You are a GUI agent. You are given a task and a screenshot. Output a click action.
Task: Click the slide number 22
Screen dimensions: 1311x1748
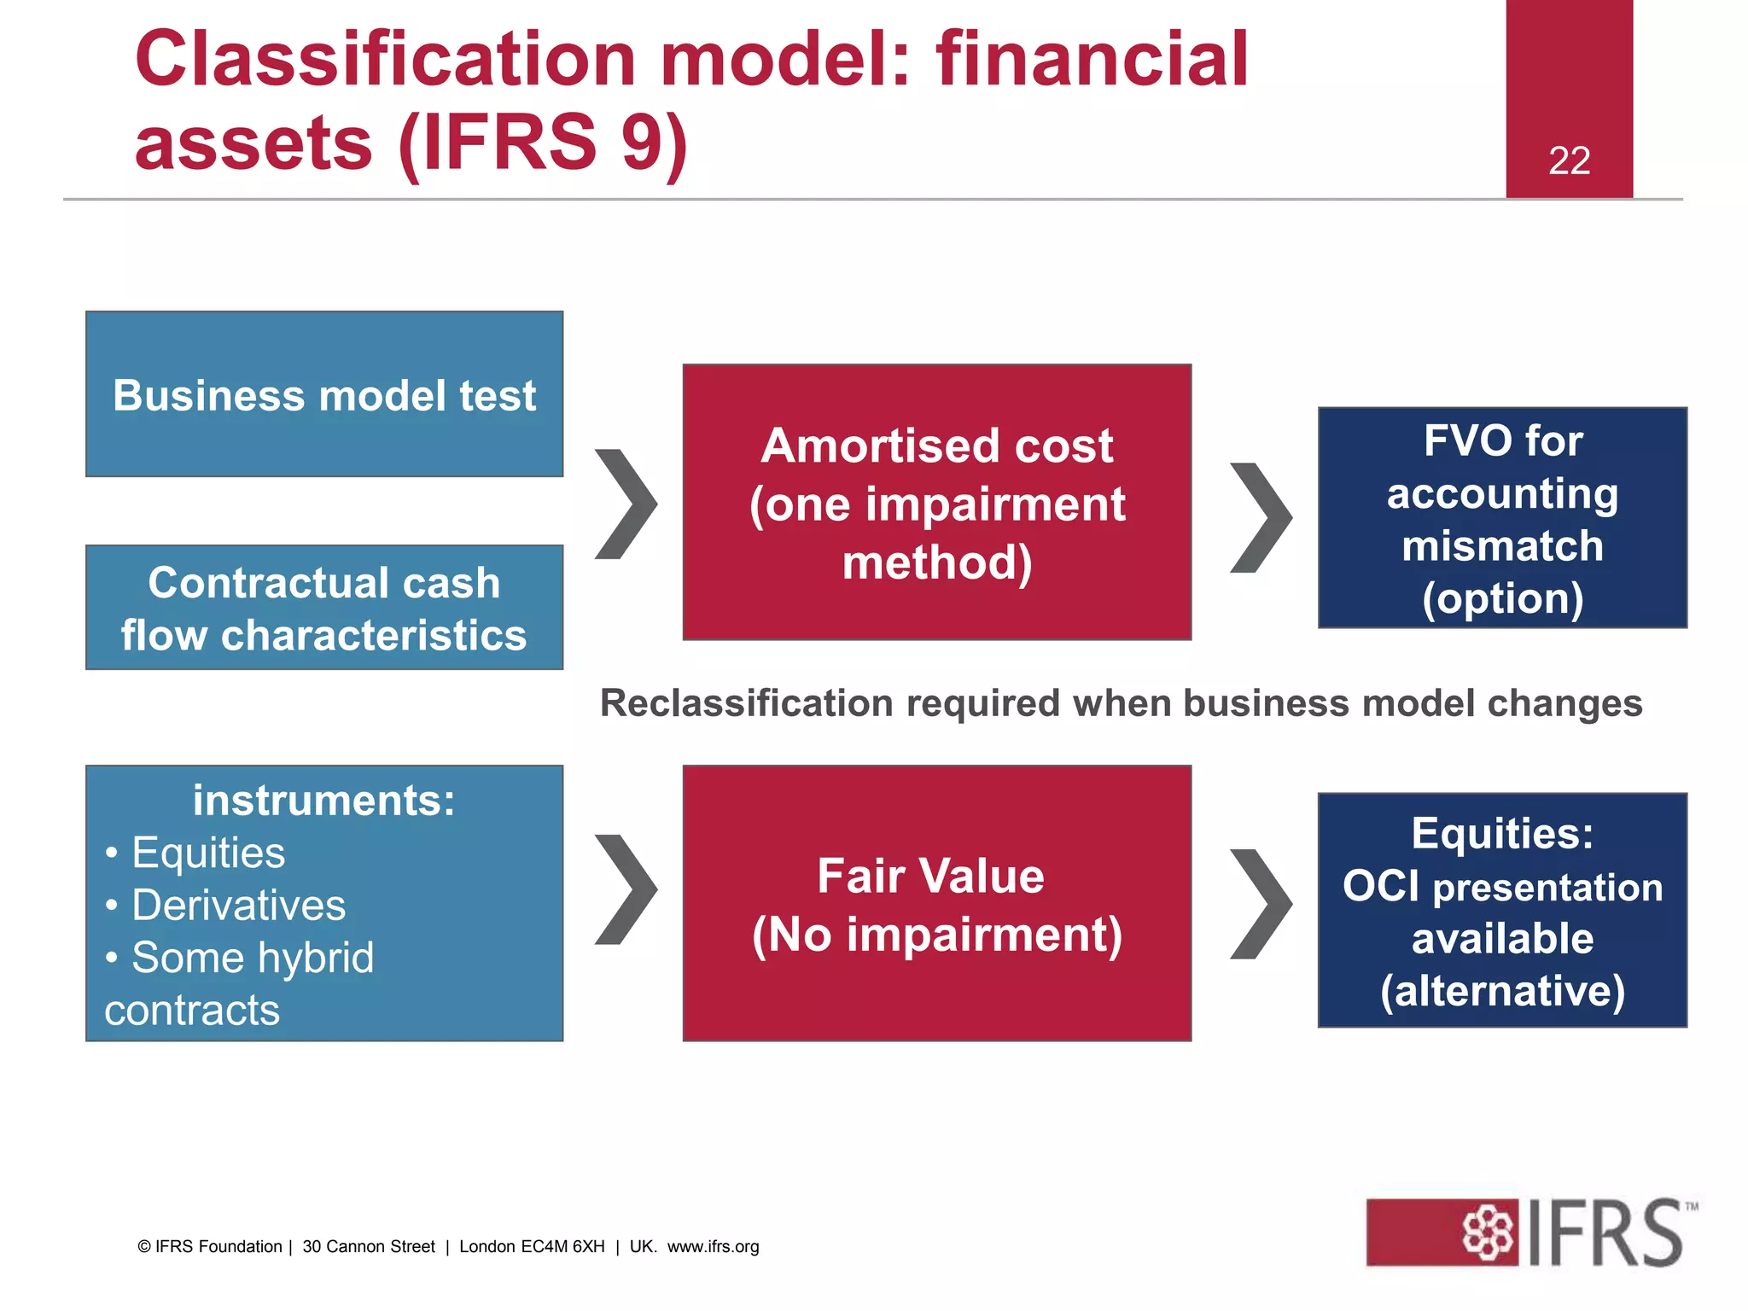[1569, 160]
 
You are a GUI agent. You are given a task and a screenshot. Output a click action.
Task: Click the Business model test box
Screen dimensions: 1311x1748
[324, 394]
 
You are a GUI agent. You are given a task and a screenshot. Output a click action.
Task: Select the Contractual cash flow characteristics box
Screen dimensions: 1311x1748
[324, 608]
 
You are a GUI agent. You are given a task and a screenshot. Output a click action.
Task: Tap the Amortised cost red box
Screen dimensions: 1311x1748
[936, 503]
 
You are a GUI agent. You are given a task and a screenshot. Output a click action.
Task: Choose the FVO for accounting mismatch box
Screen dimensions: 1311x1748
[1502, 518]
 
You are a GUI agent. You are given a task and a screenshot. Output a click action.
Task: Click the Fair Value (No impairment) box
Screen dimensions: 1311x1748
[936, 903]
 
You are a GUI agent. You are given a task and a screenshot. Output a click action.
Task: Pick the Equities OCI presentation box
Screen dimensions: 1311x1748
[1502, 910]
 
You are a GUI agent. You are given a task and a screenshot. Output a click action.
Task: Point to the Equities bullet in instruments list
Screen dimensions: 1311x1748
[207, 853]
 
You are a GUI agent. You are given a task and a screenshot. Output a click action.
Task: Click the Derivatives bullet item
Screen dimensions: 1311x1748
[238, 905]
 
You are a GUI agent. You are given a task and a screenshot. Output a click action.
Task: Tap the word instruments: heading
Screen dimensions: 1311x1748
[324, 801]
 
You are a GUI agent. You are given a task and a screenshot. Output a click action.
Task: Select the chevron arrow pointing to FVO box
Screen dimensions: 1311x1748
[1261, 517]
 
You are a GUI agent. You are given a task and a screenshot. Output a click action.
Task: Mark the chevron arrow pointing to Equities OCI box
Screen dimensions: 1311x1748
[1261, 903]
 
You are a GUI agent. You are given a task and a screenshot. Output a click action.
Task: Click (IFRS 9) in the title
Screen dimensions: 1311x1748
[543, 143]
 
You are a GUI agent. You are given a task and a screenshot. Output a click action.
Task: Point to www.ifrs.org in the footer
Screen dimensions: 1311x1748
[713, 1246]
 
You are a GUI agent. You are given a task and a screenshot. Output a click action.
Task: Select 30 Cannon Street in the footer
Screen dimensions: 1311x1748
[369, 1246]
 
